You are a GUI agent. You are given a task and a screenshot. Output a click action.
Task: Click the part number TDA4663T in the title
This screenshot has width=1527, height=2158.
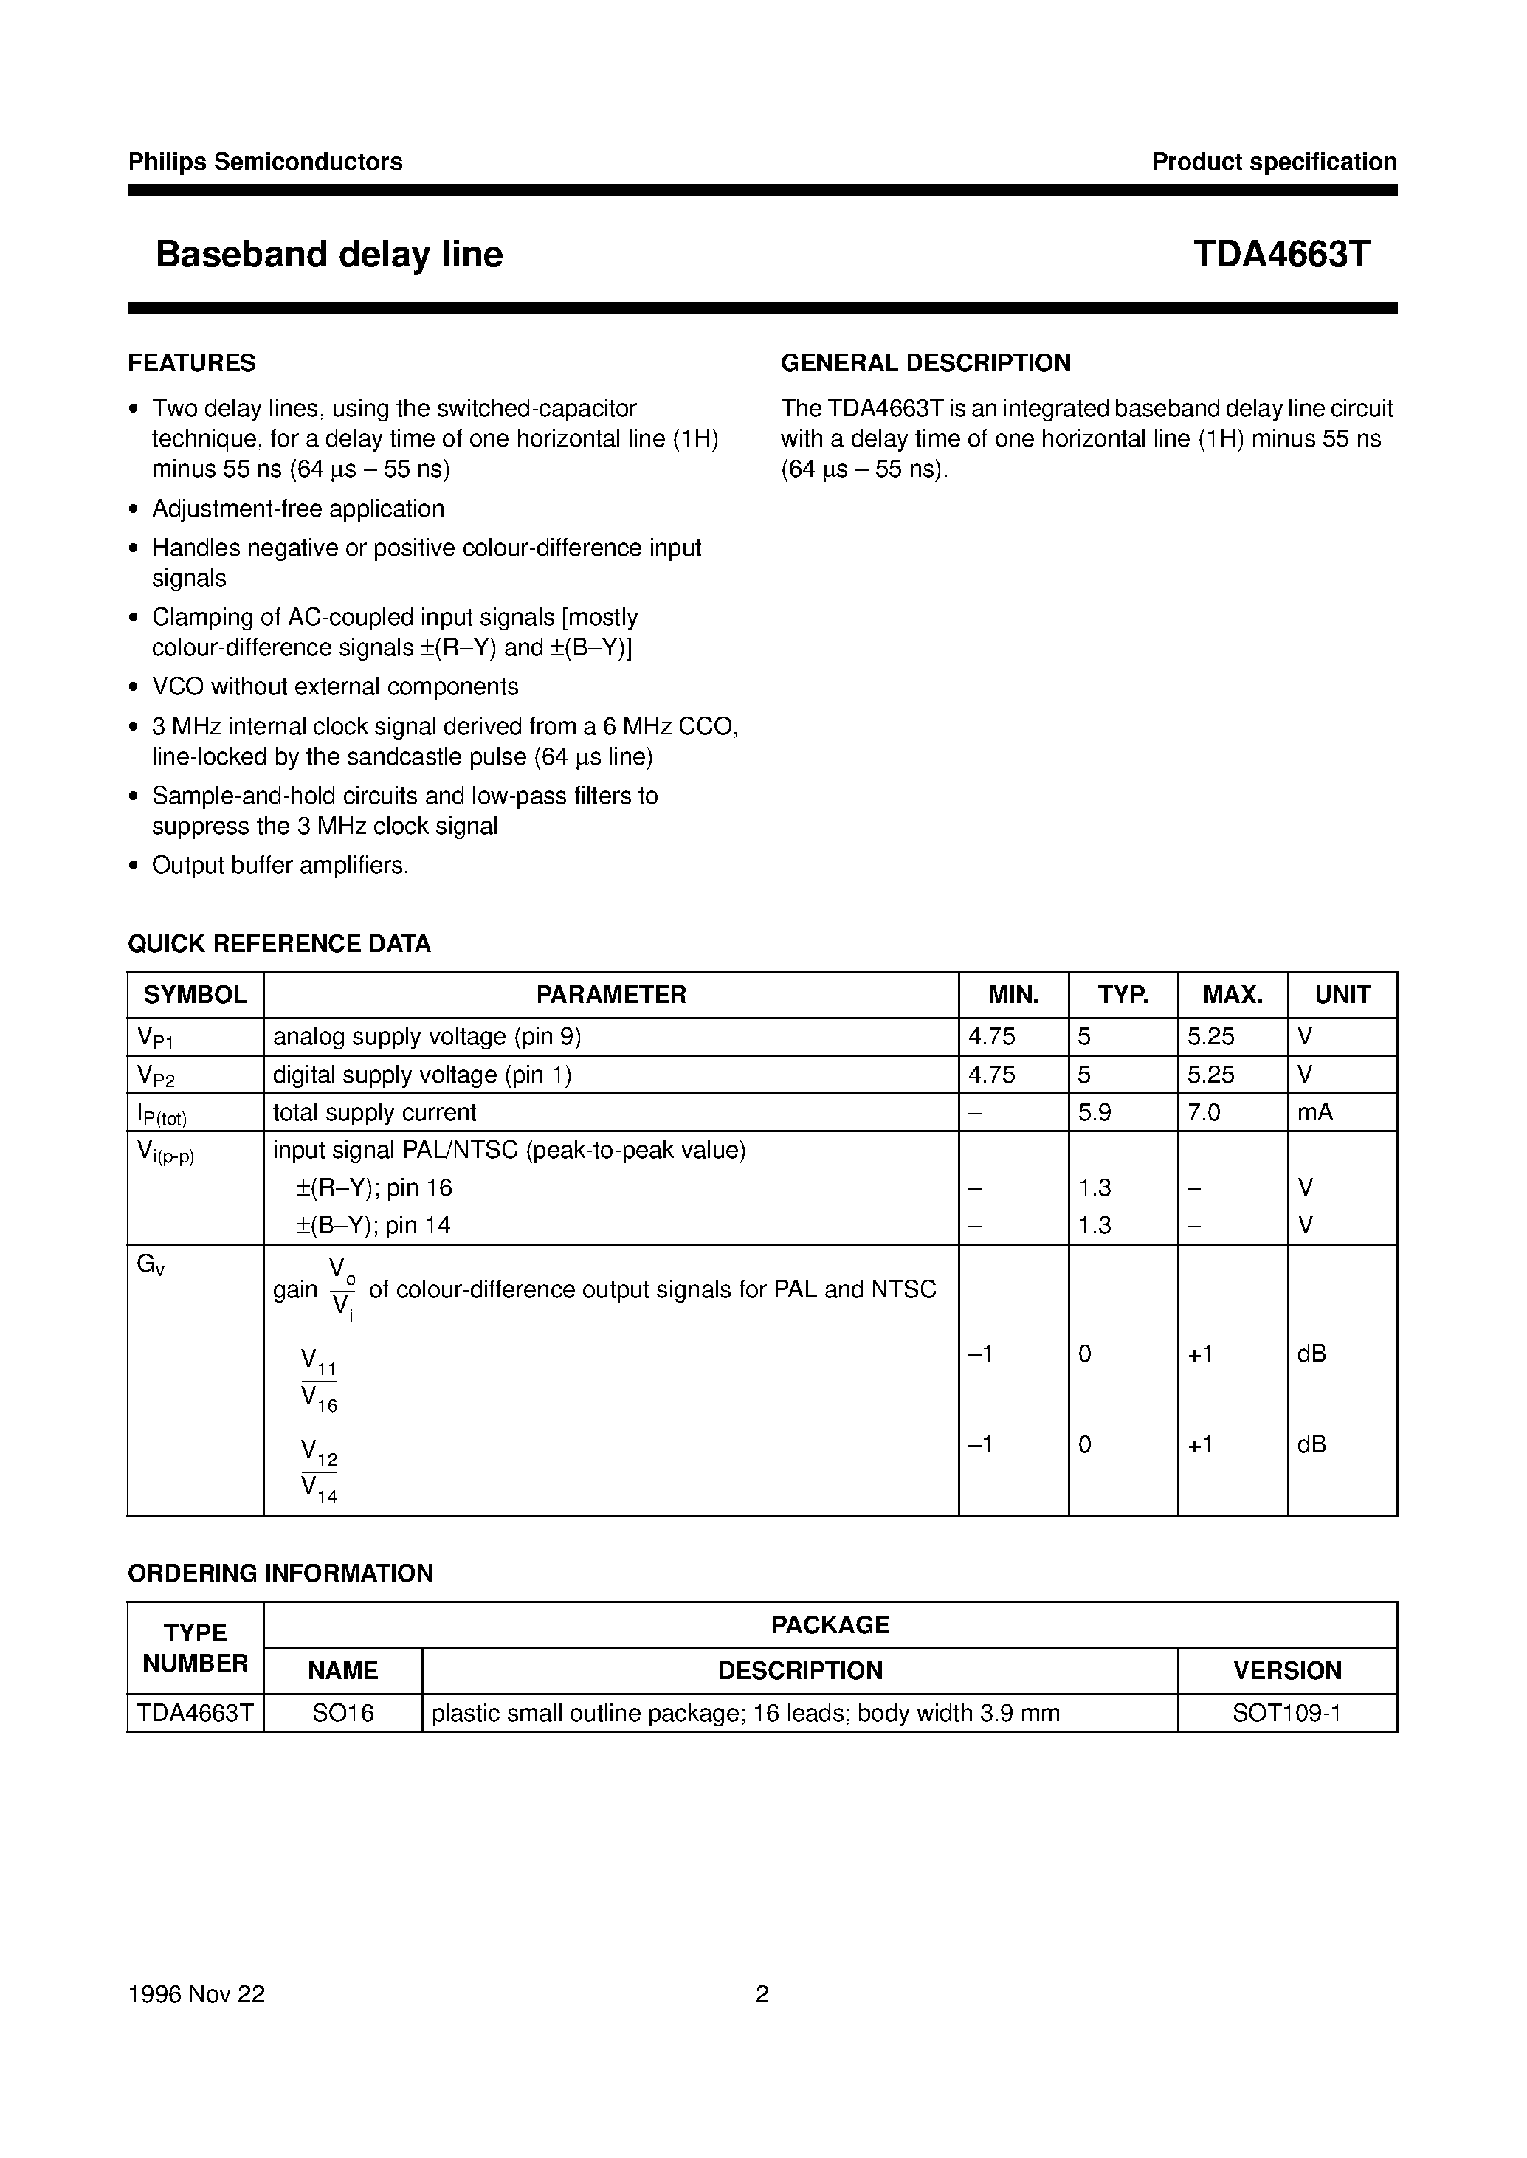[x=1281, y=254]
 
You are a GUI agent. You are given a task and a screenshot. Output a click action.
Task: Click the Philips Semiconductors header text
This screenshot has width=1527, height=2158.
[x=265, y=162]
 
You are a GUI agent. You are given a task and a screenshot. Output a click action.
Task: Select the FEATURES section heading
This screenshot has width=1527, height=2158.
[x=192, y=363]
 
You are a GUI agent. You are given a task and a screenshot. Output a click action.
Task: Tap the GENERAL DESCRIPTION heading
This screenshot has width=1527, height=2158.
[x=925, y=363]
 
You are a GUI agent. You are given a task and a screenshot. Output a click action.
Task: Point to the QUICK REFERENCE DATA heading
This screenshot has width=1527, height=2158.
[x=279, y=943]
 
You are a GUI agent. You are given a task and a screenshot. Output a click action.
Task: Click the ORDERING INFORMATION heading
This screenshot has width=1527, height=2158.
[x=280, y=1573]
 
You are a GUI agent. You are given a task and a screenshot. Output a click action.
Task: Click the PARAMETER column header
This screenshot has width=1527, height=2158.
[x=610, y=994]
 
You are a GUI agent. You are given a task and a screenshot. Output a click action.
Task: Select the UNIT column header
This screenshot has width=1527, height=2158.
[x=1342, y=994]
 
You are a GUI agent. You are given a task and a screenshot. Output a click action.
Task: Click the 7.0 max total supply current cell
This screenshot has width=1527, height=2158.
[x=1204, y=1112]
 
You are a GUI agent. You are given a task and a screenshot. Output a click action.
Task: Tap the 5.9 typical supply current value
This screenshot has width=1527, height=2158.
[x=1095, y=1112]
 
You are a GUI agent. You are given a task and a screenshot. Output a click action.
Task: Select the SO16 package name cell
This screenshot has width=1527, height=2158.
[x=343, y=1713]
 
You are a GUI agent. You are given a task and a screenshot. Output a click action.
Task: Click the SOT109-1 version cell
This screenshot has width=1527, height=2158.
[x=1286, y=1713]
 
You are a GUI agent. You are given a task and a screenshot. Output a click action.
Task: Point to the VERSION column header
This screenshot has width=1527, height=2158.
[x=1286, y=1671]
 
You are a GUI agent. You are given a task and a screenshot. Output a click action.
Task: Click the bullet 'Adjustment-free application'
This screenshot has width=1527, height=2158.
[x=298, y=509]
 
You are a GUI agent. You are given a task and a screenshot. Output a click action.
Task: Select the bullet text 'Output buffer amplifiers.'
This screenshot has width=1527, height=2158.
[x=280, y=865]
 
